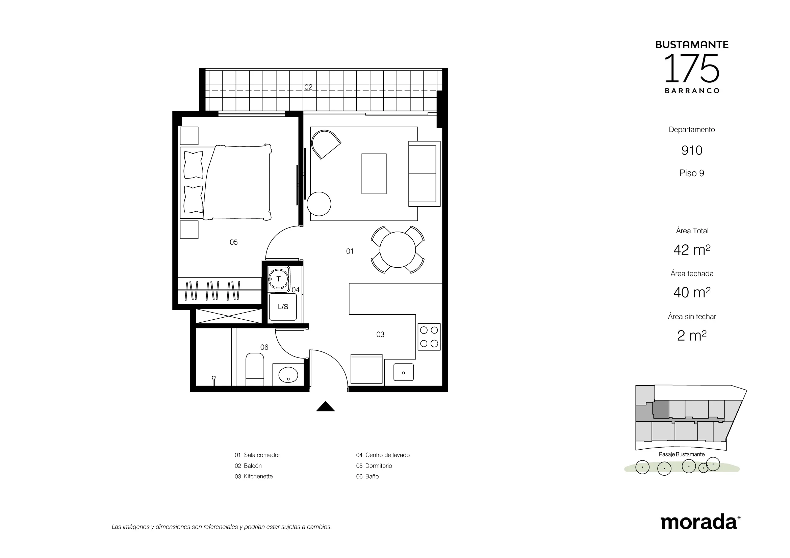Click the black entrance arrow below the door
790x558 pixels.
pyautogui.click(x=325, y=407)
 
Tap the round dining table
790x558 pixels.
pyautogui.click(x=398, y=249)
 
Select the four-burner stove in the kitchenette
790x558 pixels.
pyautogui.click(x=429, y=337)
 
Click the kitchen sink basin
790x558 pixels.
pyautogui.click(x=403, y=372)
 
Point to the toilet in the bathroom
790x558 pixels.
pyautogui.click(x=255, y=369)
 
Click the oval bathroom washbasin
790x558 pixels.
pyautogui.click(x=288, y=375)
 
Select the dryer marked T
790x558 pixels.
pyautogui.click(x=279, y=279)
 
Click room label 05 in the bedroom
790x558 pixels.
pyautogui.click(x=234, y=242)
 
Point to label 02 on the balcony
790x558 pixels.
pyautogui.click(x=308, y=87)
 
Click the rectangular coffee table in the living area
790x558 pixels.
pyautogui.click(x=374, y=174)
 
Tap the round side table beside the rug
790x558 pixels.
pyautogui.click(x=319, y=204)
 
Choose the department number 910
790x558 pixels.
pyautogui.click(x=692, y=150)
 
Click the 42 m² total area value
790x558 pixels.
pyautogui.click(x=692, y=249)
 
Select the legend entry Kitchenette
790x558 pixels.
pyautogui.click(x=254, y=477)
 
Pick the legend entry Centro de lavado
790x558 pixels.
pyautogui.click(x=383, y=455)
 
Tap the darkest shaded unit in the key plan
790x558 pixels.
pyautogui.click(x=661, y=409)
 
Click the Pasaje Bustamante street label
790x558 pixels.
pyautogui.click(x=682, y=454)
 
